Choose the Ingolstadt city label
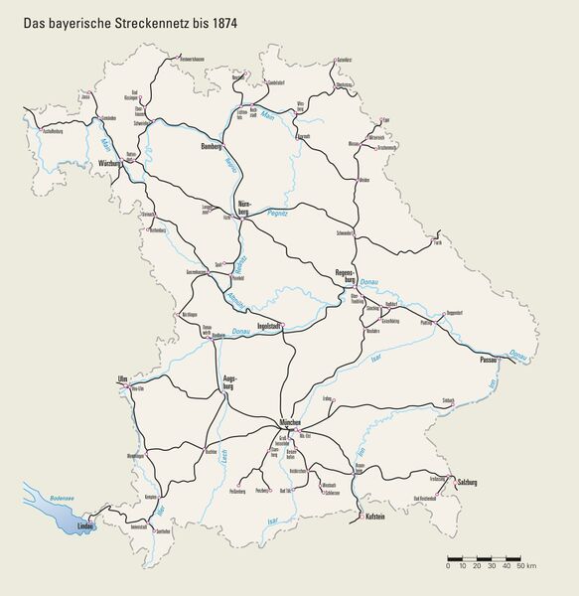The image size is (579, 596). click(271, 325)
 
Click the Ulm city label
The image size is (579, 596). click(122, 378)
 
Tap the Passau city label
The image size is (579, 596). click(489, 359)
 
